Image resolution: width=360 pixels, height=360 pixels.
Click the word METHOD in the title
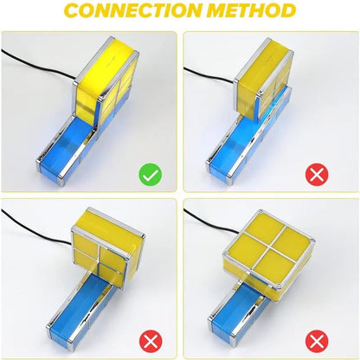(252, 10)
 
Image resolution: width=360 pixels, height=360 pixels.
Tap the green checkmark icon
(151, 175)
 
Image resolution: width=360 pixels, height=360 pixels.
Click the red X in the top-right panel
(317, 174)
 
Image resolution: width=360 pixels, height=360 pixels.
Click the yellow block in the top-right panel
(264, 80)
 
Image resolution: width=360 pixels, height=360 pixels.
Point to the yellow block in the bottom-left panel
(108, 247)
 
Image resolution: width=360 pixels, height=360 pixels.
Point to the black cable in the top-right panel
(210, 75)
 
